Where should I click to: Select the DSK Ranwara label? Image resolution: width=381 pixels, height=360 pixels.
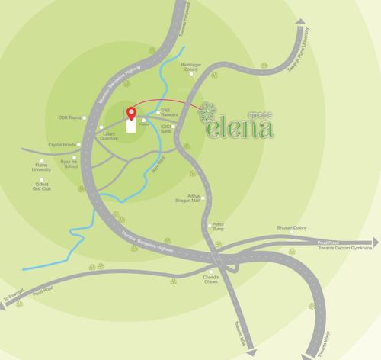coord(170,114)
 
